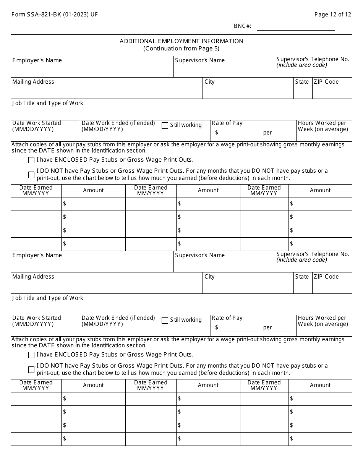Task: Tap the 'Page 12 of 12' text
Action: pyautogui.click(x=332, y=15)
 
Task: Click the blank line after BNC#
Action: pyautogui.click(x=296, y=27)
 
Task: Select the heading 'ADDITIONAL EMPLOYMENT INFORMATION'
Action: pyautogui.click(x=181, y=41)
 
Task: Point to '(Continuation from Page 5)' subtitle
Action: pyautogui.click(x=181, y=49)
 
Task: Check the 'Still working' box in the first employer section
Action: pyautogui.click(x=165, y=125)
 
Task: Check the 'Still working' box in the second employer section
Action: pyautogui.click(x=165, y=320)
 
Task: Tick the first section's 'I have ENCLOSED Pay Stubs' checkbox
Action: pyautogui.click(x=31, y=160)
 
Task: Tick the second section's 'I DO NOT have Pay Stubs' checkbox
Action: pyautogui.click(x=31, y=370)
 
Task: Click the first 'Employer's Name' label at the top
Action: pyautogui.click(x=37, y=60)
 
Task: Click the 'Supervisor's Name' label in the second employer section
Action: pyautogui.click(x=200, y=255)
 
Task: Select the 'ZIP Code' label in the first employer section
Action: pyautogui.click(x=326, y=82)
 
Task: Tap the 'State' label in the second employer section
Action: pyautogui.click(x=302, y=277)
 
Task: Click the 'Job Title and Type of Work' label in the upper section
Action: pyautogui.click(x=47, y=103)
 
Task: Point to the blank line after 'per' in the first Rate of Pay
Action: pyautogui.click(x=282, y=133)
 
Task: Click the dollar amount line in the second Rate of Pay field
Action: pyautogui.click(x=238, y=328)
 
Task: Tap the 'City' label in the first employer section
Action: pyautogui.click(x=209, y=82)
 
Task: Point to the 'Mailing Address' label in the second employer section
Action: pyautogui.click(x=33, y=277)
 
